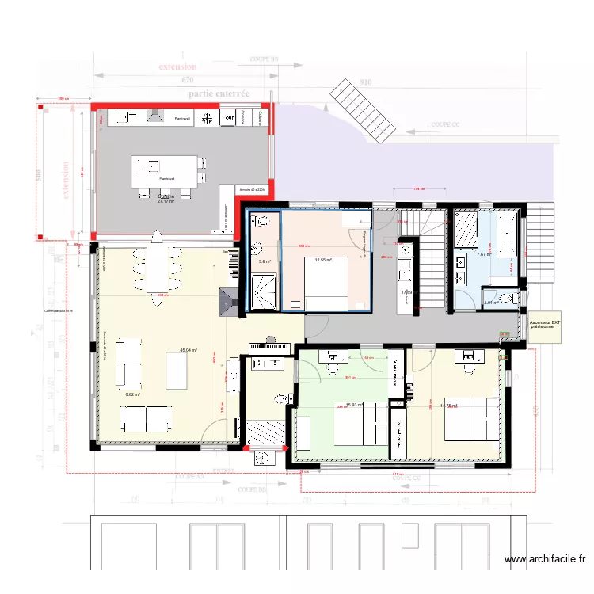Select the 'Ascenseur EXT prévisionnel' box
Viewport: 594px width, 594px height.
point(540,326)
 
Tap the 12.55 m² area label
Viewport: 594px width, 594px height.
point(322,260)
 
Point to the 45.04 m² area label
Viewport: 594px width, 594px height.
point(188,350)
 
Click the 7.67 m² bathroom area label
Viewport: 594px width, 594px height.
point(484,254)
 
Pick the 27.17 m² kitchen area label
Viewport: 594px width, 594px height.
point(166,200)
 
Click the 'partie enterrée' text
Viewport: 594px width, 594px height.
point(219,93)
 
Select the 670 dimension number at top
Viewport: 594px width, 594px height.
point(187,81)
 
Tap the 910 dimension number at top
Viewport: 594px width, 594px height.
point(365,81)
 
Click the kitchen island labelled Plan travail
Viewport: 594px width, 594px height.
point(166,171)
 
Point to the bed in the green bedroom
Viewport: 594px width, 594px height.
point(359,429)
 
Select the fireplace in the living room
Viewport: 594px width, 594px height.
point(229,301)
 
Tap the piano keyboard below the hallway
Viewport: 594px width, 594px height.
point(272,346)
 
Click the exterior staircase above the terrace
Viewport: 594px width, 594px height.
point(363,111)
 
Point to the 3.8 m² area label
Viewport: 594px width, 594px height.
point(265,261)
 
